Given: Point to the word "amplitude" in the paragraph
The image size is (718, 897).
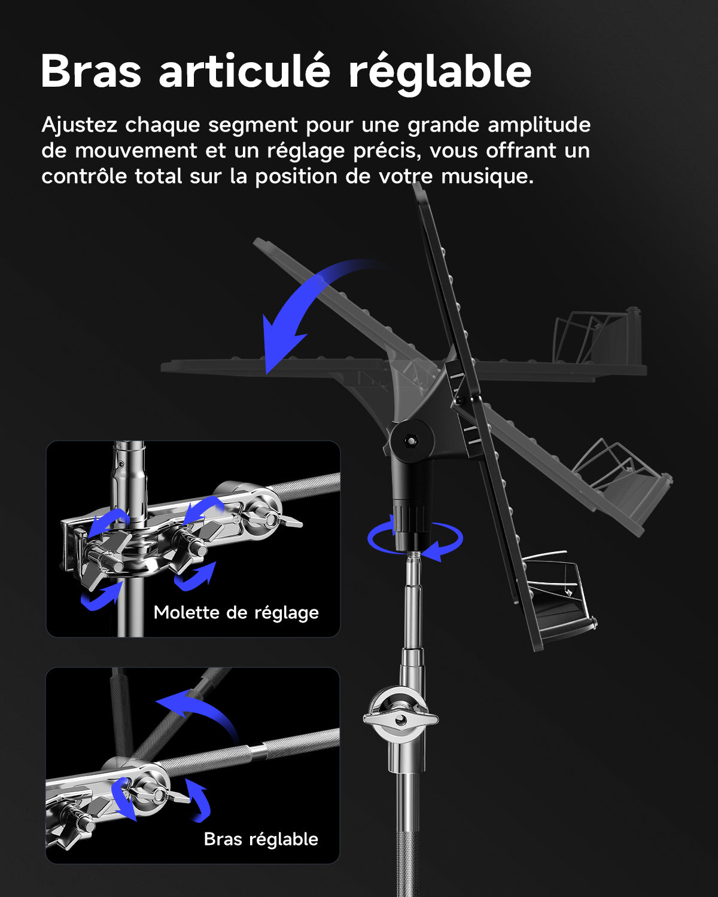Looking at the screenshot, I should [538, 126].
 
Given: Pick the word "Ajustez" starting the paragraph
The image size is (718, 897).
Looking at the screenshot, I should [79, 126].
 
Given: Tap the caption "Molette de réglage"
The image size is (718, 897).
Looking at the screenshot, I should [236, 612].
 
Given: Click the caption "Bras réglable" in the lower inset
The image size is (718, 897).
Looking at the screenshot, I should [261, 839].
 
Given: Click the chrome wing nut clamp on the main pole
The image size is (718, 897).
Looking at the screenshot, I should [400, 718].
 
